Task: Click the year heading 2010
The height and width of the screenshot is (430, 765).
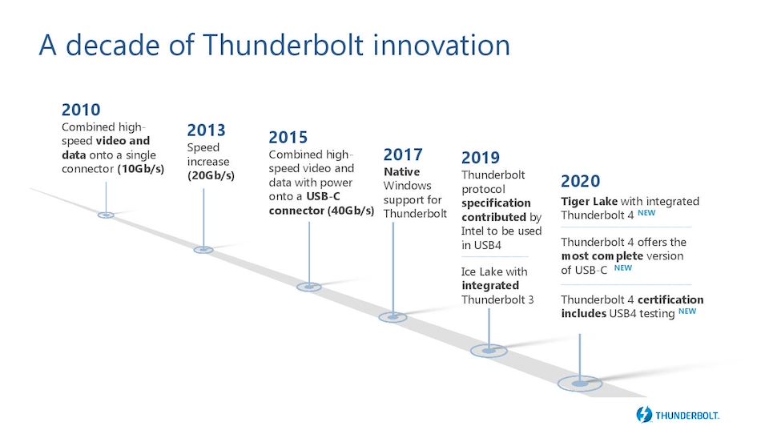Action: pyautogui.click(x=81, y=110)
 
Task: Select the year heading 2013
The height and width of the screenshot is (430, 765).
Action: pyautogui.click(x=207, y=131)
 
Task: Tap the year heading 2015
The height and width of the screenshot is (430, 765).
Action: pyautogui.click(x=288, y=138)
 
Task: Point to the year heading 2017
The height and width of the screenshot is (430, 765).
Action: pyautogui.click(x=403, y=155)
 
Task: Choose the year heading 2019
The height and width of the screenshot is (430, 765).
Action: pyautogui.click(x=481, y=158)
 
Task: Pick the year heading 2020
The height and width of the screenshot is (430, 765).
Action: pyautogui.click(x=581, y=181)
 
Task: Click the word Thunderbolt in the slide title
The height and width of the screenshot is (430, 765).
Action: pyautogui.click(x=283, y=45)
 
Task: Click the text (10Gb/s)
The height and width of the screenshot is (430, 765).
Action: pyautogui.click(x=140, y=169)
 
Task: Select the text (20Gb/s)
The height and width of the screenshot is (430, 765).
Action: pyautogui.click(x=211, y=175)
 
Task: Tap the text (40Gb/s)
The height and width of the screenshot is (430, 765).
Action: pyautogui.click(x=351, y=211)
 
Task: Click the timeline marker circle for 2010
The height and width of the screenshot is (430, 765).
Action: pyautogui.click(x=106, y=215)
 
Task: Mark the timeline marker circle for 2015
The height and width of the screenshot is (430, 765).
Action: pyautogui.click(x=309, y=287)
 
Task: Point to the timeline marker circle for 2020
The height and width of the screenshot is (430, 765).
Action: pyautogui.click(x=580, y=384)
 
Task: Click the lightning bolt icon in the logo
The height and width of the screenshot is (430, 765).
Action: pyautogui.click(x=644, y=415)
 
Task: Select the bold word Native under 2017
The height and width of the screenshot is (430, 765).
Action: pyautogui.click(x=402, y=171)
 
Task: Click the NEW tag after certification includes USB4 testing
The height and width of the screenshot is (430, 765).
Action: pyautogui.click(x=687, y=311)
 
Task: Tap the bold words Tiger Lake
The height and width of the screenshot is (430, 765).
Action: pyautogui.click(x=590, y=201)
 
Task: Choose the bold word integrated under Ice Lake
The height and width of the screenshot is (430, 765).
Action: pyautogui.click(x=490, y=286)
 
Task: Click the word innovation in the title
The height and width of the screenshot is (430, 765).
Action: pyautogui.click(x=442, y=45)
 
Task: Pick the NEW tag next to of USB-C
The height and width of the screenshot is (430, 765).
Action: pyautogui.click(x=623, y=267)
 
